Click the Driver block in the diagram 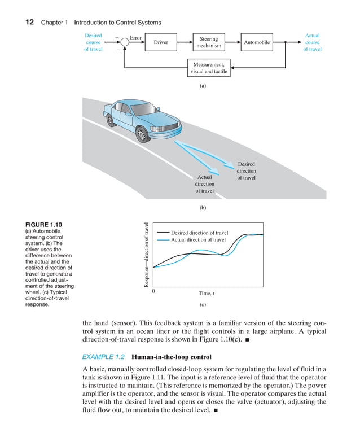(x=161, y=42)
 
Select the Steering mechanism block (x=209, y=42)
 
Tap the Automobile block (x=257, y=42)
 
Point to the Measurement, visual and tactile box (x=209, y=68)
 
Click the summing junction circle (x=125, y=42)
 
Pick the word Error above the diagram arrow (x=135, y=37)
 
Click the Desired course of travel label (x=93, y=42)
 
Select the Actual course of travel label (x=312, y=42)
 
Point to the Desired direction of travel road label (x=246, y=171)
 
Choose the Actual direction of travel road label (x=205, y=184)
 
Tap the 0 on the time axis (x=153, y=292)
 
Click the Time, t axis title (x=207, y=293)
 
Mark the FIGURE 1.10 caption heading (x=43, y=225)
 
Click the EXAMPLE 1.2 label (x=103, y=357)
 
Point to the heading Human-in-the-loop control (x=171, y=357)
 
